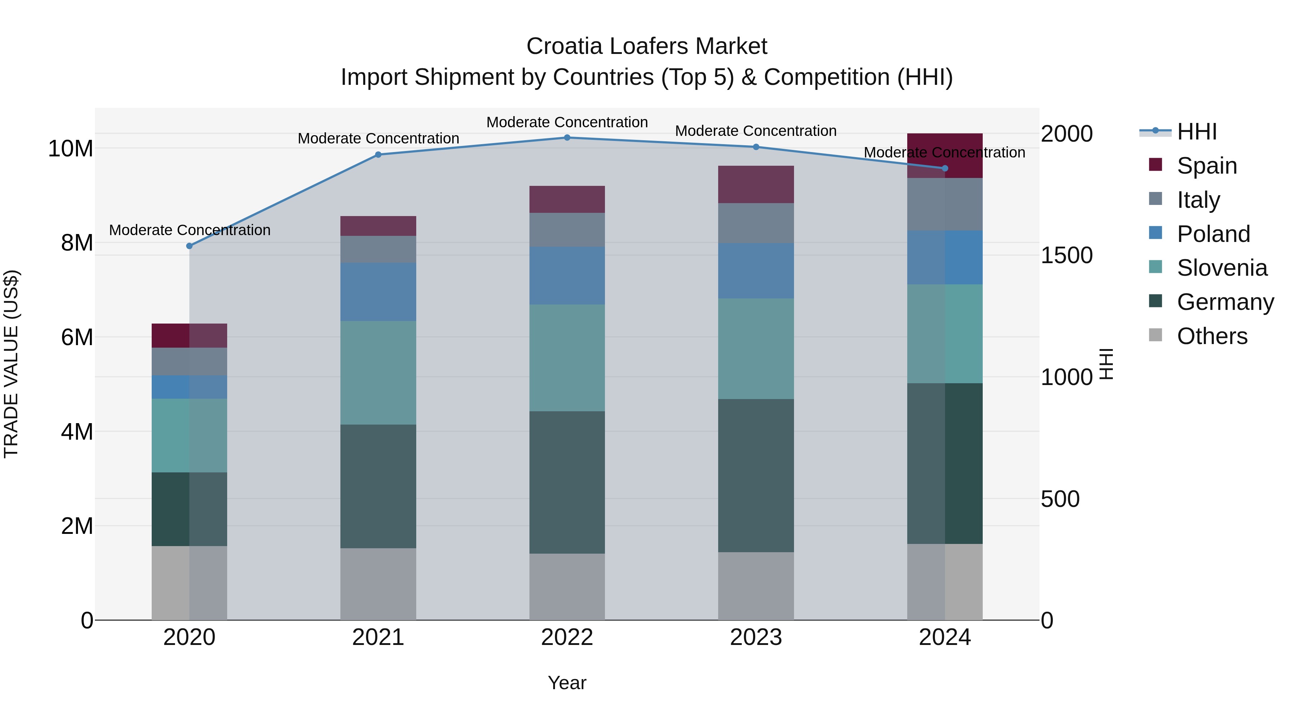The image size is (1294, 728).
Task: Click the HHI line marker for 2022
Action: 567,137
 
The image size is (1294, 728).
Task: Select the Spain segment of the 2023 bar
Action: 756,184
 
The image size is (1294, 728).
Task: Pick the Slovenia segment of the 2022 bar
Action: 567,357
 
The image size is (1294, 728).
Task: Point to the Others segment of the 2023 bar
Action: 756,586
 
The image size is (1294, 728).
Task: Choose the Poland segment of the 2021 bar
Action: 378,292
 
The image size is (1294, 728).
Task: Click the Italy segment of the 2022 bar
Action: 567,230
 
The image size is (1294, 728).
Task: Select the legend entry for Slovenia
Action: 1222,268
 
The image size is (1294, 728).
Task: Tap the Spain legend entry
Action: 1207,165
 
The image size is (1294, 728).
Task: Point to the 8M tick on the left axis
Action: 77,243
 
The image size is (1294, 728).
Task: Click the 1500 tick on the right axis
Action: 1066,255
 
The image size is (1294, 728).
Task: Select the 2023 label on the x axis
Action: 756,637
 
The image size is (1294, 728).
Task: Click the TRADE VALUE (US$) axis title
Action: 11,364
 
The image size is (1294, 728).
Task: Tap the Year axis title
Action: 567,683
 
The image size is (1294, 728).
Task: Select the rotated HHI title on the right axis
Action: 1107,364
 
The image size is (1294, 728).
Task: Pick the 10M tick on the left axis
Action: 70,149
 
